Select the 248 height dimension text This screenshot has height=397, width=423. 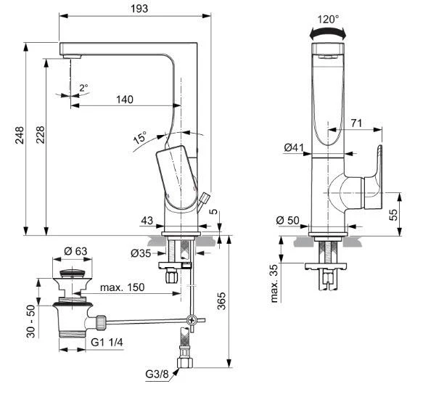tap(19, 136)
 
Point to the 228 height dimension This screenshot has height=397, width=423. tap(39, 136)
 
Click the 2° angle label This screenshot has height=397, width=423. tap(83, 87)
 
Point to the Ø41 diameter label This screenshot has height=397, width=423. tap(294, 148)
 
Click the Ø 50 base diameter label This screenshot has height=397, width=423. tap(288, 220)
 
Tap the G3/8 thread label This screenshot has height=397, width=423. tap(157, 375)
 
